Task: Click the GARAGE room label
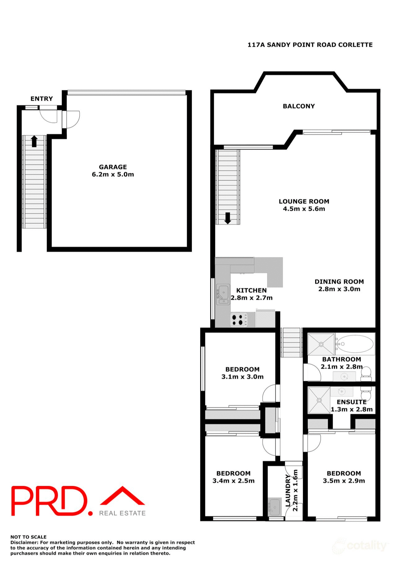tap(113, 167)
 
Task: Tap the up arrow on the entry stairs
tap(34, 141)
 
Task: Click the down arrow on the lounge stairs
tap(228, 218)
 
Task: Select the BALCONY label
tap(299, 106)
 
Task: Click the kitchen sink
tap(223, 294)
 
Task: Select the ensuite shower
tap(319, 400)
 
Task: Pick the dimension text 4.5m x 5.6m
tap(304, 209)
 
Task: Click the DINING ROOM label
tap(339, 282)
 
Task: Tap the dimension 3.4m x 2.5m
tap(233, 481)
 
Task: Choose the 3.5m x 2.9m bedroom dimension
tap(344, 481)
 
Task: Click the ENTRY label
tap(42, 99)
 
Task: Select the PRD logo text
tap(50, 501)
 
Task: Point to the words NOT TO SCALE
tap(29, 537)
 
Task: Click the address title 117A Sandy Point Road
tap(310, 45)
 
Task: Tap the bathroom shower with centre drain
tap(321, 344)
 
